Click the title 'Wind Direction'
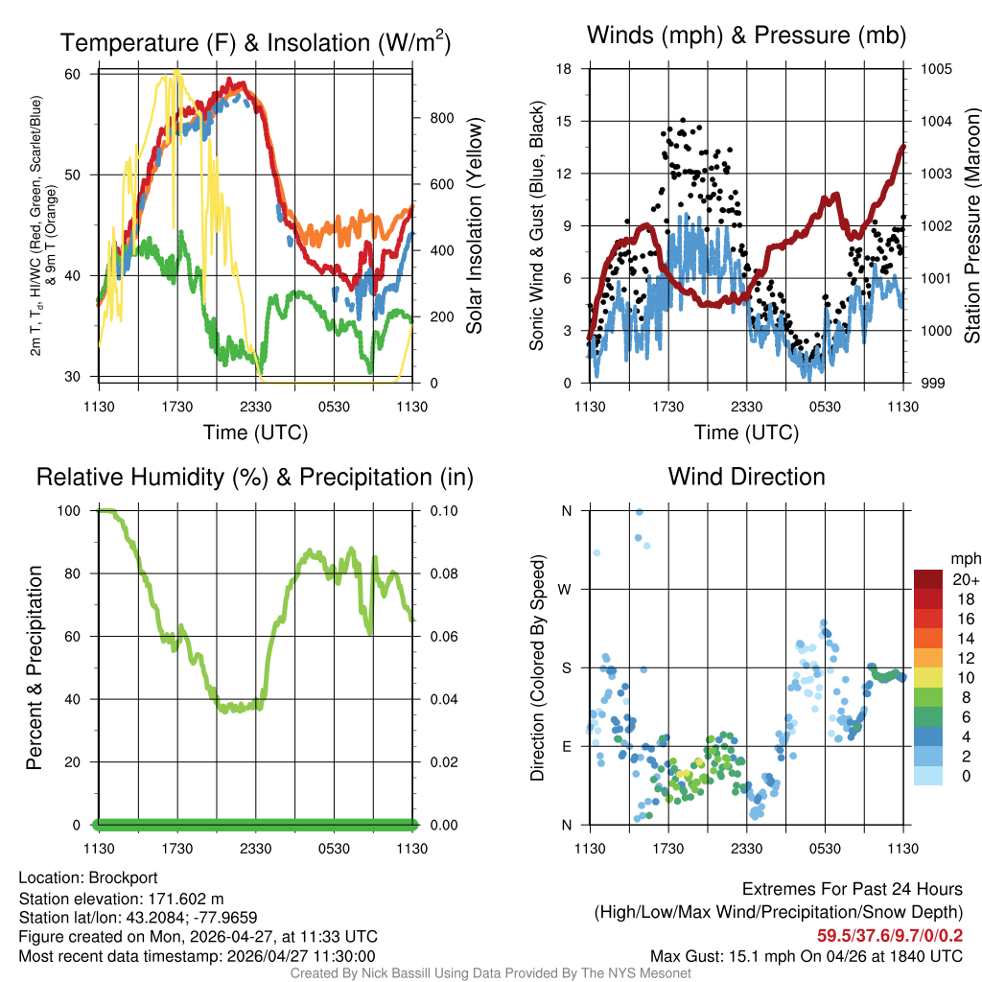click(x=746, y=477)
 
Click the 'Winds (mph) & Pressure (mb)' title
click(x=746, y=36)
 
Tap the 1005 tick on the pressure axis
click(x=936, y=69)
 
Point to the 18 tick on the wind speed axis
click(x=564, y=69)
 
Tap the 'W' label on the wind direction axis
click(x=566, y=590)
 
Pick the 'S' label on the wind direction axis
click(x=567, y=668)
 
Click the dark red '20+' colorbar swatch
click(x=928, y=580)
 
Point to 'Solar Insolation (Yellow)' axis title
click(x=474, y=226)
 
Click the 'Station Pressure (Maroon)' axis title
click(x=970, y=226)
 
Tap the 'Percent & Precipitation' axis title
click(x=35, y=667)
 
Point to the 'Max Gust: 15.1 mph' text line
click(x=806, y=956)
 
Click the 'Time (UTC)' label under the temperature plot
click(x=255, y=433)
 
